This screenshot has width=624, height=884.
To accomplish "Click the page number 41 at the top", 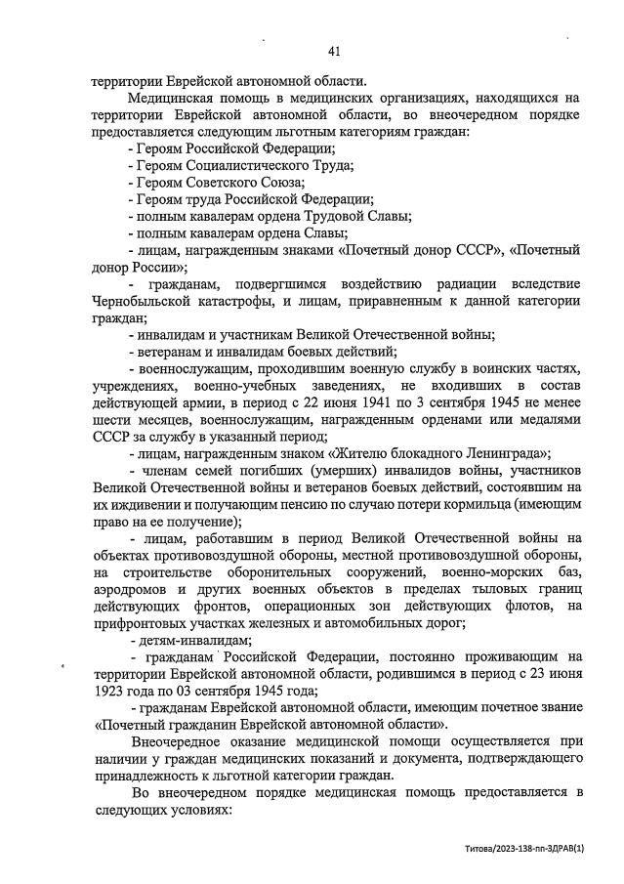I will [x=334, y=51].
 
